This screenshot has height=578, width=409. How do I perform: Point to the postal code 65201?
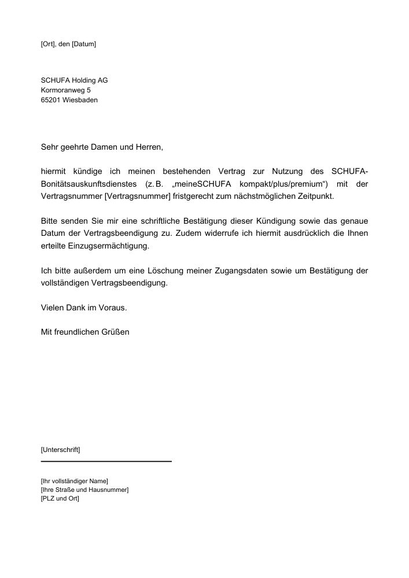tap(50, 100)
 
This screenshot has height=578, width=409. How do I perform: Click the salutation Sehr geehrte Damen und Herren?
tap(102, 147)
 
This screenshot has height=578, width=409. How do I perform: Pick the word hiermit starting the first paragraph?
tap(54, 172)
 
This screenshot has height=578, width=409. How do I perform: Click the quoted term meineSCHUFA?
tap(201, 184)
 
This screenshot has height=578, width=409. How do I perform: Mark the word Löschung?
tap(157, 271)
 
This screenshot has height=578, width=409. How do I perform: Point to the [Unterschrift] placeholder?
tap(61, 449)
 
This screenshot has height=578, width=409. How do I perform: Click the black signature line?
tap(106, 461)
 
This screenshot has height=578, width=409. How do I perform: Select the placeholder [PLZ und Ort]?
tap(60, 498)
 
